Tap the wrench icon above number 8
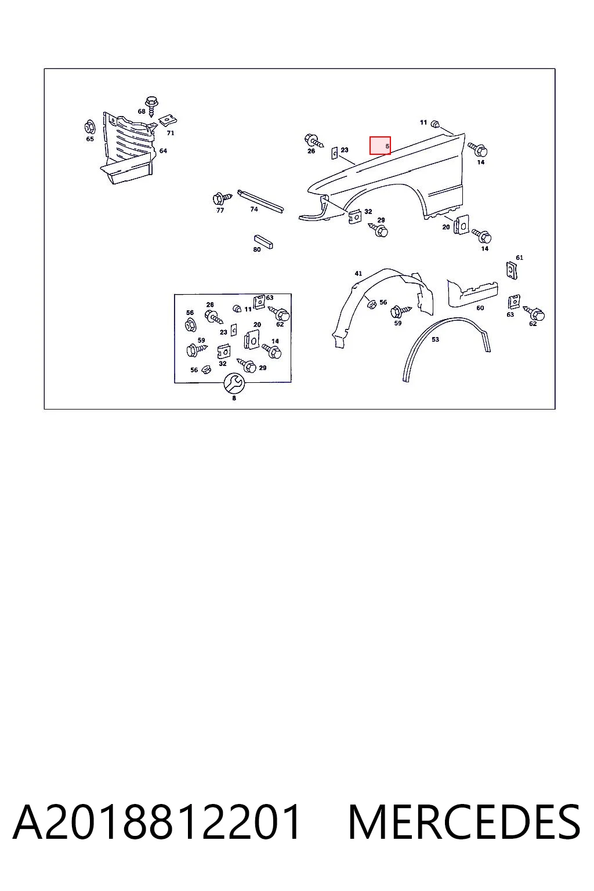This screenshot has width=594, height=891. [x=234, y=383]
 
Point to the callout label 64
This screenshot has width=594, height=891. [x=163, y=151]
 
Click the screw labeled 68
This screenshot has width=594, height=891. [x=151, y=106]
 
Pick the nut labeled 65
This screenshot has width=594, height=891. [x=89, y=127]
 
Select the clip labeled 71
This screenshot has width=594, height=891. [x=168, y=120]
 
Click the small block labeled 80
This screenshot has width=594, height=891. [x=263, y=242]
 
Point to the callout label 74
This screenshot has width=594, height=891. [x=254, y=209]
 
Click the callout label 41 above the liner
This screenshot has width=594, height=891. [x=358, y=273]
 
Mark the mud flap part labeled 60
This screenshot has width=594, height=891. [x=472, y=293]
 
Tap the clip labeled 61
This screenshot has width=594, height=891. [x=512, y=270]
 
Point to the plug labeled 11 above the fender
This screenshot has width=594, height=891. [x=435, y=124]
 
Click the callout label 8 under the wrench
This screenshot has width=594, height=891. [x=234, y=398]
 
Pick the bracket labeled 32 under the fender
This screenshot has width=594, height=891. [x=355, y=216]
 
